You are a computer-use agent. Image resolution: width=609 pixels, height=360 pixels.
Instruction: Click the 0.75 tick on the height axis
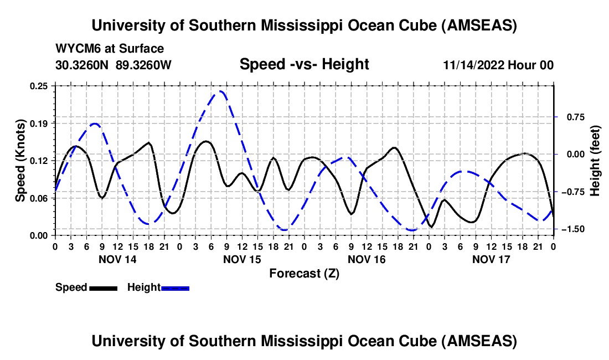[x=571, y=117]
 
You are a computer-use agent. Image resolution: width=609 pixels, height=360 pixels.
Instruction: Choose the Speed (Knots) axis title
[x=20, y=161]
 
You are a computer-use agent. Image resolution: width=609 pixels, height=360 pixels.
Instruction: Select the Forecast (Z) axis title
[x=304, y=273]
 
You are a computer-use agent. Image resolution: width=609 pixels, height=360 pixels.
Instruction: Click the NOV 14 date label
[x=117, y=259]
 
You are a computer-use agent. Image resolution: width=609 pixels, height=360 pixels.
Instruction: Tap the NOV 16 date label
[x=366, y=259]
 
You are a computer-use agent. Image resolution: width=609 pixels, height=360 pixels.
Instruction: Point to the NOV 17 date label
[x=491, y=259]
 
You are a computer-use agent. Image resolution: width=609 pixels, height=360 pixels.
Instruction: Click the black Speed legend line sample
[x=103, y=288]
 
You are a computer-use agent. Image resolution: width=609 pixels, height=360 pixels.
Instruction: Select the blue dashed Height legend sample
[x=176, y=288]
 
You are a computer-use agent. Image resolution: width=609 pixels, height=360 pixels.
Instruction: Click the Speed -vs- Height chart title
[x=304, y=64]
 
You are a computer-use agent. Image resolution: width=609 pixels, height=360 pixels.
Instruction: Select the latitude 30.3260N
[x=83, y=65]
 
